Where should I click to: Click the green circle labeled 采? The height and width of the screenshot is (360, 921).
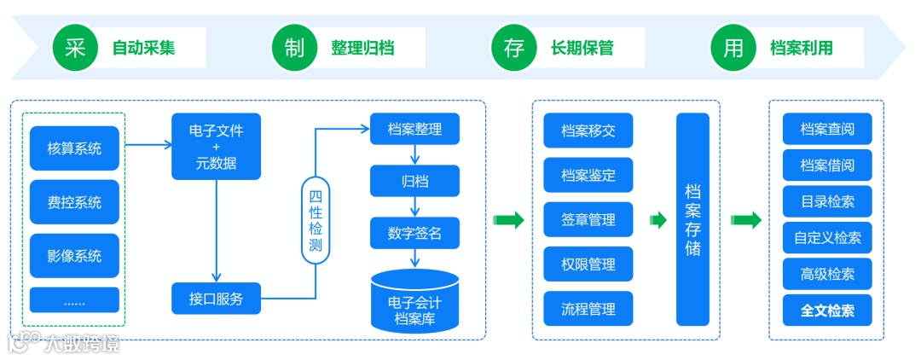tap(76, 48)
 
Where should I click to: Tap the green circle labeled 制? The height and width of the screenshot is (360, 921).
tap(295, 48)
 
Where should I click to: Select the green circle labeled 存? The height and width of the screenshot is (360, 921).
tap(514, 48)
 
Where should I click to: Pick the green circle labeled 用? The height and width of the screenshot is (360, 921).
tap(733, 48)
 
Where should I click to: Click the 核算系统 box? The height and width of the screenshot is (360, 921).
tap(74, 149)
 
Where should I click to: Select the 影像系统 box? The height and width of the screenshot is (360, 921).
tap(74, 255)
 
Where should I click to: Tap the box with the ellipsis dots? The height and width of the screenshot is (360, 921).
tap(74, 300)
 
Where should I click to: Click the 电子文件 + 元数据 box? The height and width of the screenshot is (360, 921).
tap(216, 147)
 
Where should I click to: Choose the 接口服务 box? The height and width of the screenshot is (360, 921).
tap(216, 299)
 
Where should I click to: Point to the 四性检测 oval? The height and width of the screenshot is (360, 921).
tap(316, 218)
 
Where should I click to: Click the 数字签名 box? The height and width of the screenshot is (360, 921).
tap(414, 233)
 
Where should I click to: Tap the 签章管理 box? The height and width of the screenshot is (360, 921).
tap(588, 219)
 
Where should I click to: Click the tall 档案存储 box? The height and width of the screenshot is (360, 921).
tap(692, 219)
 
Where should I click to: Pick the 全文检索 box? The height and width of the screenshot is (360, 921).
tap(827, 311)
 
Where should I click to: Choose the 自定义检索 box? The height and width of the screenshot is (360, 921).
tap(827, 238)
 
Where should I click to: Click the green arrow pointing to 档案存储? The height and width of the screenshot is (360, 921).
tap(657, 220)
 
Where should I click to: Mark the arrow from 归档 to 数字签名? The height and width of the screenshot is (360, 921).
tap(414, 206)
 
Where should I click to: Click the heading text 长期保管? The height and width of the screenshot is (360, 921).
tap(582, 48)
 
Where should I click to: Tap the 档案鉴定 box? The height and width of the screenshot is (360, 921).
tap(588, 175)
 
